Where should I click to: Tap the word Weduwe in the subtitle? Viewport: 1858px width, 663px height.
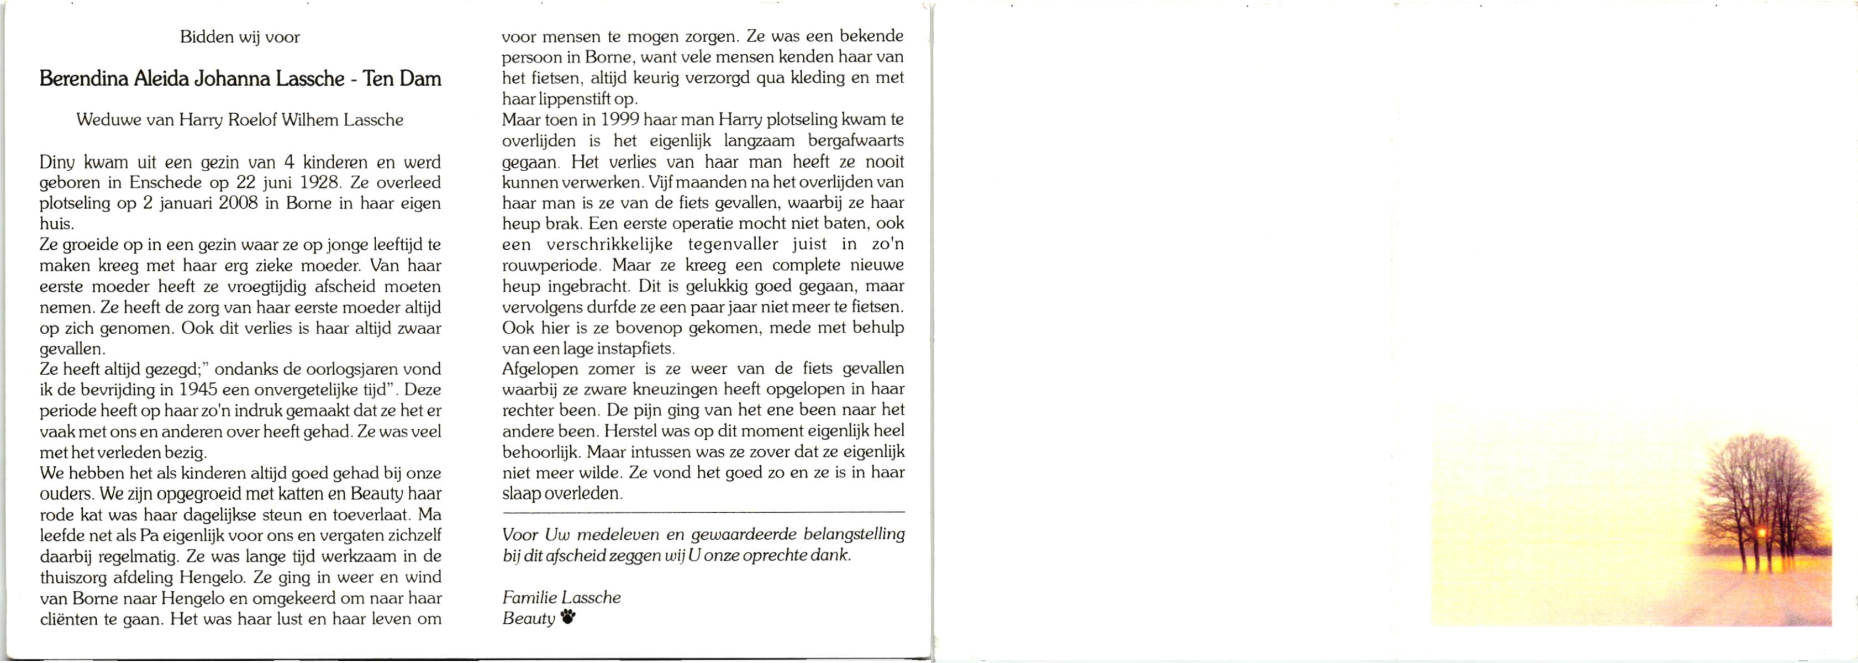point(108,120)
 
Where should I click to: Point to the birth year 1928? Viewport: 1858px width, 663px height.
point(319,182)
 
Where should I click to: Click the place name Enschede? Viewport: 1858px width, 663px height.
point(166,182)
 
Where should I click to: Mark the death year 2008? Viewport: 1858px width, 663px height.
point(238,203)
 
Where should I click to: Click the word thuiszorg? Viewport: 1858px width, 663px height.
point(78,577)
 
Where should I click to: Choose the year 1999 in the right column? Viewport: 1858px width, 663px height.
point(619,120)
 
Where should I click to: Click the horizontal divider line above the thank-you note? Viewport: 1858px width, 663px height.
point(703,512)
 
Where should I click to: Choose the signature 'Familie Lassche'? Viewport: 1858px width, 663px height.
point(561,597)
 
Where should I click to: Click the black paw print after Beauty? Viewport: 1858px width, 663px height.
point(569,617)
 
